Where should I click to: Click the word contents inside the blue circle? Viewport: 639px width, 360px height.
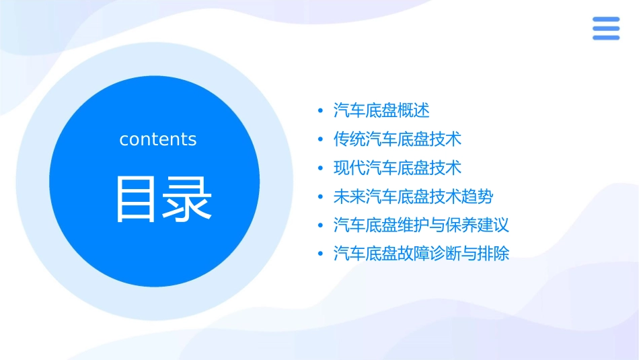[x=158, y=139]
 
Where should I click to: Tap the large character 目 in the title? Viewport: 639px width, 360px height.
[x=136, y=199]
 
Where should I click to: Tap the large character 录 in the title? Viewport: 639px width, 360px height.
[x=186, y=199]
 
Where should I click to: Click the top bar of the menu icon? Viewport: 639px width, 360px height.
[x=606, y=20]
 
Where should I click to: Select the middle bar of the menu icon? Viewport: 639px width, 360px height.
[x=606, y=28]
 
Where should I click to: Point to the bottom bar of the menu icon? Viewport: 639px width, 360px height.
[x=606, y=37]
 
